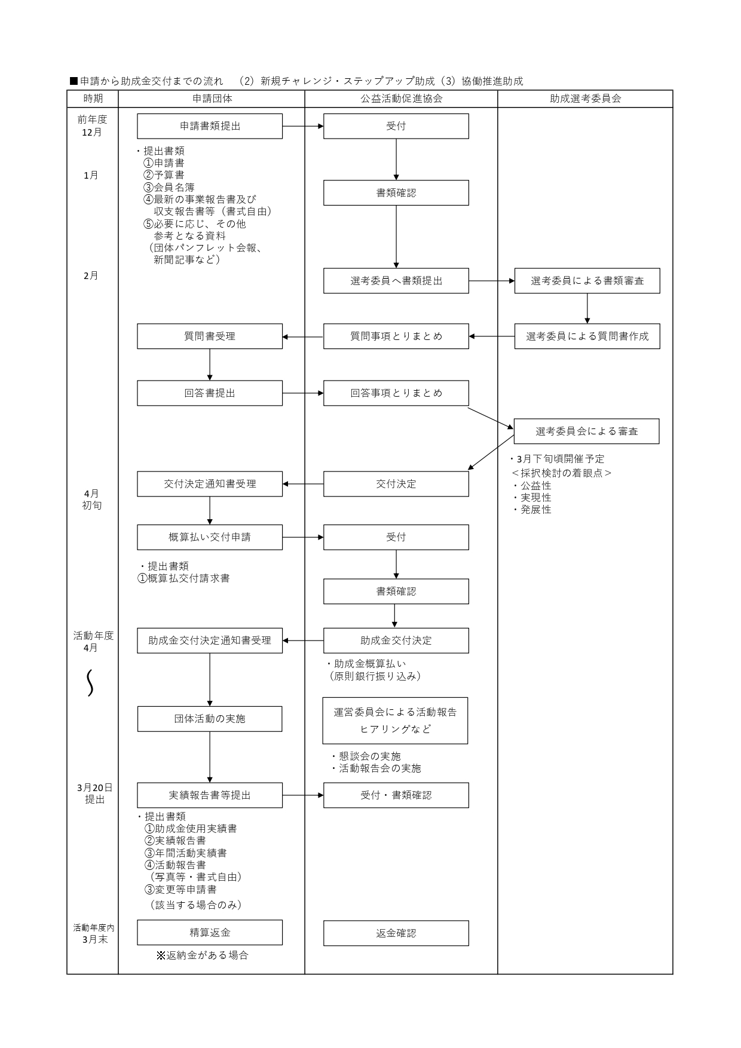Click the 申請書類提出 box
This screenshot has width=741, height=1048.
click(210, 126)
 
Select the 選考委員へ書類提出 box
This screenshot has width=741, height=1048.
click(396, 281)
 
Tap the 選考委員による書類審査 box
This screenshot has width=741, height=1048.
click(587, 281)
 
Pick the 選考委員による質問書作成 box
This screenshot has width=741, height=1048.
click(587, 336)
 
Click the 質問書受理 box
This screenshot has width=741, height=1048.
click(210, 336)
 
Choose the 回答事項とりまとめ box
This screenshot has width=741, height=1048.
click(396, 393)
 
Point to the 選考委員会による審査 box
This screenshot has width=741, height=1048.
click(586, 431)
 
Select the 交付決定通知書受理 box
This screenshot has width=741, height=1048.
click(210, 484)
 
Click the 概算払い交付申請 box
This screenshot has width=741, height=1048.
click(210, 537)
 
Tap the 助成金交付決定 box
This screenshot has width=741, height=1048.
click(396, 641)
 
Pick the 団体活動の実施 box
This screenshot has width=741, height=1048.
click(210, 719)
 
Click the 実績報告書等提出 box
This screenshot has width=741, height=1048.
click(210, 795)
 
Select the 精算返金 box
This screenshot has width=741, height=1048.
click(210, 933)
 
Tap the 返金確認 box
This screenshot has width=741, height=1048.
click(396, 933)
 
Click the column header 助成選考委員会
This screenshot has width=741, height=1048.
click(585, 99)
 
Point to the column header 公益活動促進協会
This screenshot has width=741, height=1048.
click(401, 99)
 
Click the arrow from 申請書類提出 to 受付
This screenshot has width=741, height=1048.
click(303, 126)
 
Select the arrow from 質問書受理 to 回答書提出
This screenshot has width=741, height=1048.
click(210, 364)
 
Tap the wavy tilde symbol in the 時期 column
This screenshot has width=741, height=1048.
click(90, 683)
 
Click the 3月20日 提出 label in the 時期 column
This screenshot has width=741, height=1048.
click(94, 793)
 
